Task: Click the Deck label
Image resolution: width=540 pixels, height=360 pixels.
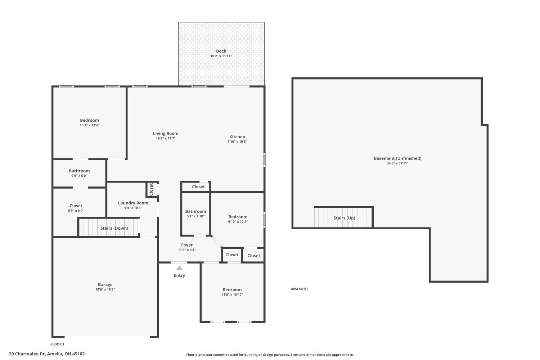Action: click(221, 51)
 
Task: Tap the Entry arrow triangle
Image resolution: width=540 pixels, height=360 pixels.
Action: click(179, 268)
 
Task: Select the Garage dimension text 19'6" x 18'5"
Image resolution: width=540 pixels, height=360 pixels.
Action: click(105, 289)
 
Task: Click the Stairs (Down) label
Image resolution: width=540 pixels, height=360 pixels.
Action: click(114, 228)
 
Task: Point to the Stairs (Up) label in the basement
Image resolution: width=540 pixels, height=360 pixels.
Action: click(344, 218)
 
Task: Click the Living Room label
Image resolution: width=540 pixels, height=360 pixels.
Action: click(166, 134)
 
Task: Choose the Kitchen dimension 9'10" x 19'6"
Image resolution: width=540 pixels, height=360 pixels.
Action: click(237, 142)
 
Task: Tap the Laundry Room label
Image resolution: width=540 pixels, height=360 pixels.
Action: click(133, 203)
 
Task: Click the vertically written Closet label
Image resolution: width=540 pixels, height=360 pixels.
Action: click(151, 189)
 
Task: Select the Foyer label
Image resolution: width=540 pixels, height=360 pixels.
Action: click(187, 245)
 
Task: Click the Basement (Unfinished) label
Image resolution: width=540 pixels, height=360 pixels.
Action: click(397, 158)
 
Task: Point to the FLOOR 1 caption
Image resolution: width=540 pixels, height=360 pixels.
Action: click(57, 344)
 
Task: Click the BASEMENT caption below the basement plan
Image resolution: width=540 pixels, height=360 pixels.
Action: click(299, 289)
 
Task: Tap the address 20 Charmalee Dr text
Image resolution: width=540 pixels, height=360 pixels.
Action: click(47, 354)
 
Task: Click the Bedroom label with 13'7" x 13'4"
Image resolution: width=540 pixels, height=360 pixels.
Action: click(89, 120)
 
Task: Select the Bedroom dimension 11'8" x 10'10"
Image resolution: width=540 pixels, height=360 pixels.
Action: click(232, 295)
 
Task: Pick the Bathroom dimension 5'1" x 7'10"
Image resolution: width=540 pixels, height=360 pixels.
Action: click(195, 216)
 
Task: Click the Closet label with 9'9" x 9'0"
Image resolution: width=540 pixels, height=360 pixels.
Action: click(76, 206)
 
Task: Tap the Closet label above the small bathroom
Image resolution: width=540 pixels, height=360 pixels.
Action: click(198, 186)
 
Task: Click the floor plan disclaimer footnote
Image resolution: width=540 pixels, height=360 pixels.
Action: click(270, 355)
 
